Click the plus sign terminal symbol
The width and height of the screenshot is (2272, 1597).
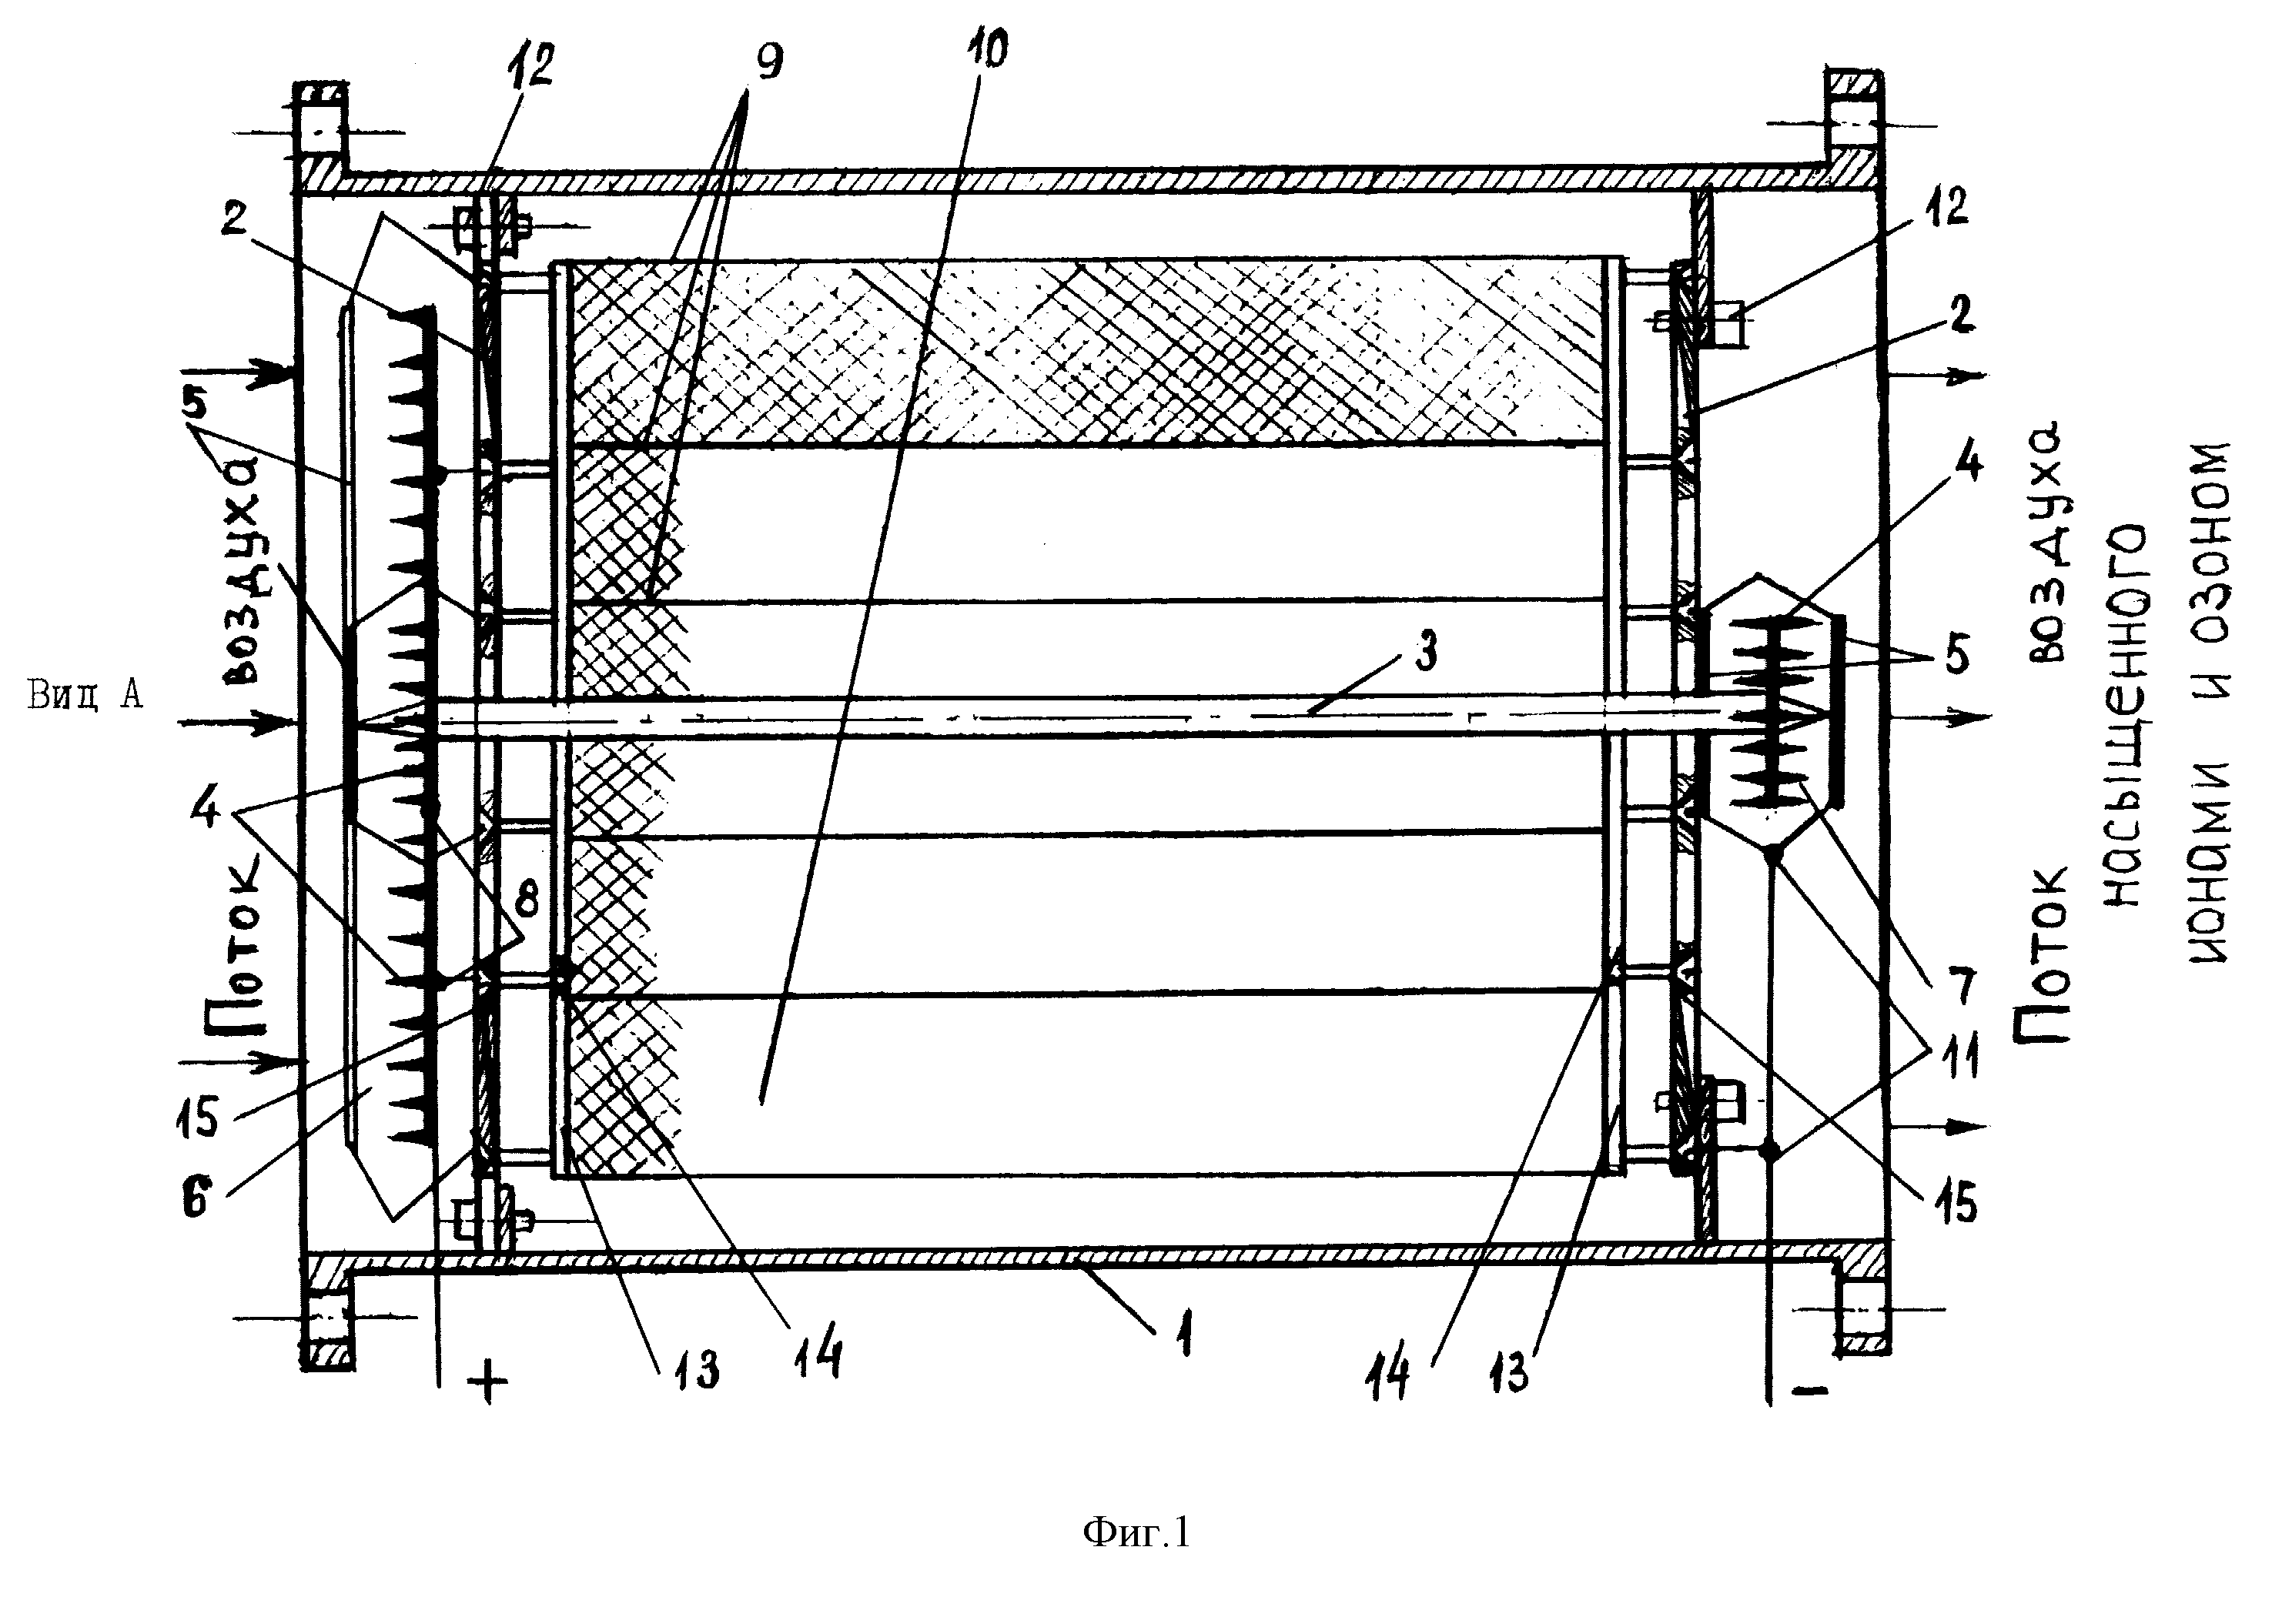pos(486,1382)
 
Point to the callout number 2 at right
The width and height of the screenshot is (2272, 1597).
pos(1962,314)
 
